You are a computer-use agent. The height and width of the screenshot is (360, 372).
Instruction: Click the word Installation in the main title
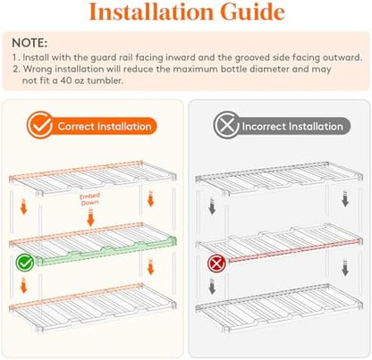pos(151,12)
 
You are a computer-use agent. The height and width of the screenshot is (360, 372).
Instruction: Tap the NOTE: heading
pos(30,43)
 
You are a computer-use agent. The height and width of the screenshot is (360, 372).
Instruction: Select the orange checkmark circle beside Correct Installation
pos(40,125)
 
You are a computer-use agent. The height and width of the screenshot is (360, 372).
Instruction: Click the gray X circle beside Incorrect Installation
pos(227,125)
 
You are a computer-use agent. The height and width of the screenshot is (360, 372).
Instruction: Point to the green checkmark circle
pos(25,263)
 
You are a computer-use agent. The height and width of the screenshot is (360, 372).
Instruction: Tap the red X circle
pos(216,264)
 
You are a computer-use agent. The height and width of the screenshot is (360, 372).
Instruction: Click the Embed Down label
pos(89,199)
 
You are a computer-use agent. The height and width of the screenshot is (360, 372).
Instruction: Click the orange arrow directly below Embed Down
pos(90,217)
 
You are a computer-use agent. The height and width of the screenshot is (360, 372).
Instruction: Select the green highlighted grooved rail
pos(106,250)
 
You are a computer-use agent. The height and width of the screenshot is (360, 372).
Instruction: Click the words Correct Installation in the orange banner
pos(105,126)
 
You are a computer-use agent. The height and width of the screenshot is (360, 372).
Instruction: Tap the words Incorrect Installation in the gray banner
pos(292,126)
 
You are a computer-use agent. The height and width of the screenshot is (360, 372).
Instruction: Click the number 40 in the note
pos(66,80)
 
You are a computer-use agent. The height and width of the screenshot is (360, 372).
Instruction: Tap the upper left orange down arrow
pos(24,206)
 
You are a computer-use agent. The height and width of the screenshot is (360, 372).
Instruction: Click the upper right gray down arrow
pos(345,199)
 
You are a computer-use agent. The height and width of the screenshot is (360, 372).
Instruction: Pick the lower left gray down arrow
pos(212,286)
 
